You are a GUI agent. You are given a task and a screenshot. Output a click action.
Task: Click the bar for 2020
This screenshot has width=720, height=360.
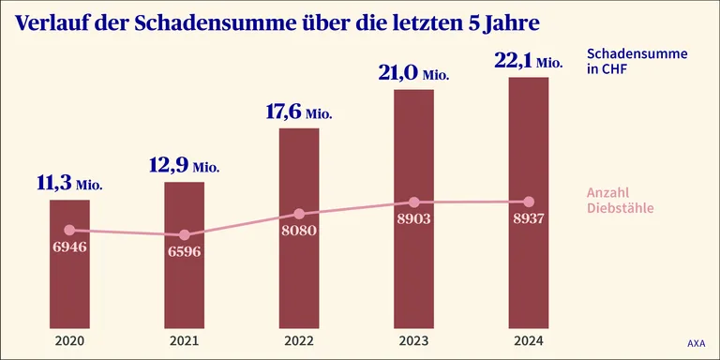(x=69, y=264)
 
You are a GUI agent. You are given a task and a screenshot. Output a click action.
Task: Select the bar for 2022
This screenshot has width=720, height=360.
(x=299, y=228)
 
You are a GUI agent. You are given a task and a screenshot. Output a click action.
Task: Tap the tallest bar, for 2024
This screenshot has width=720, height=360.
(x=529, y=202)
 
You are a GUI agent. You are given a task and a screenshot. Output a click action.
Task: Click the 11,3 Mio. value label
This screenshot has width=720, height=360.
(x=69, y=184)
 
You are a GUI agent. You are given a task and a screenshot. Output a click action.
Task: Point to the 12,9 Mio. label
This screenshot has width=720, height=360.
(x=185, y=166)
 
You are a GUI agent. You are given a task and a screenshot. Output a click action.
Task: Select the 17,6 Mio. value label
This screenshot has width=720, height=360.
(x=299, y=112)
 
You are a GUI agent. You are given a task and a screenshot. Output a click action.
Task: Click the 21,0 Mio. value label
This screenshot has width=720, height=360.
(x=413, y=73)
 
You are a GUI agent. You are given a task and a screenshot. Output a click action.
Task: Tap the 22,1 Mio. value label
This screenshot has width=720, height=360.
(x=529, y=61)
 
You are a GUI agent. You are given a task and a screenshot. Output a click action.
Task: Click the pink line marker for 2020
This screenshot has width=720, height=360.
(x=69, y=230)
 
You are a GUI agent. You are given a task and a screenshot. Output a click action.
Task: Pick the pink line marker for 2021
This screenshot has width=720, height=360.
(x=184, y=235)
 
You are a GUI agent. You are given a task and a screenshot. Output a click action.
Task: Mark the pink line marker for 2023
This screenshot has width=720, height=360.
(x=413, y=202)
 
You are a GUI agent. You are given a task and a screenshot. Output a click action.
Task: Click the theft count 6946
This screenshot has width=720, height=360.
(x=69, y=247)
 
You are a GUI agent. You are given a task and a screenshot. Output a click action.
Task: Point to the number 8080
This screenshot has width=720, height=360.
(x=299, y=230)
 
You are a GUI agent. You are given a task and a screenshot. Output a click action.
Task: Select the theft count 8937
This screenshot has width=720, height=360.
(x=529, y=218)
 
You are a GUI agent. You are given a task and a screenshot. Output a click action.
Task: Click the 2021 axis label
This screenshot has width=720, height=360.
(x=184, y=341)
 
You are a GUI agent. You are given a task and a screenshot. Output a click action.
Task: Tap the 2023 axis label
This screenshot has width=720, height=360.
(x=413, y=341)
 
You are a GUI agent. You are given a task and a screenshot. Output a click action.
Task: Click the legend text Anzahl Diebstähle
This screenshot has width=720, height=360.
(x=621, y=201)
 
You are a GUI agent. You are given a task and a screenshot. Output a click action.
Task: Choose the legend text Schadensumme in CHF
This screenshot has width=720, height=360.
(x=637, y=62)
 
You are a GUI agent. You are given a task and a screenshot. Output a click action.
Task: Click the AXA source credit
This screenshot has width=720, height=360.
(x=697, y=343)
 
